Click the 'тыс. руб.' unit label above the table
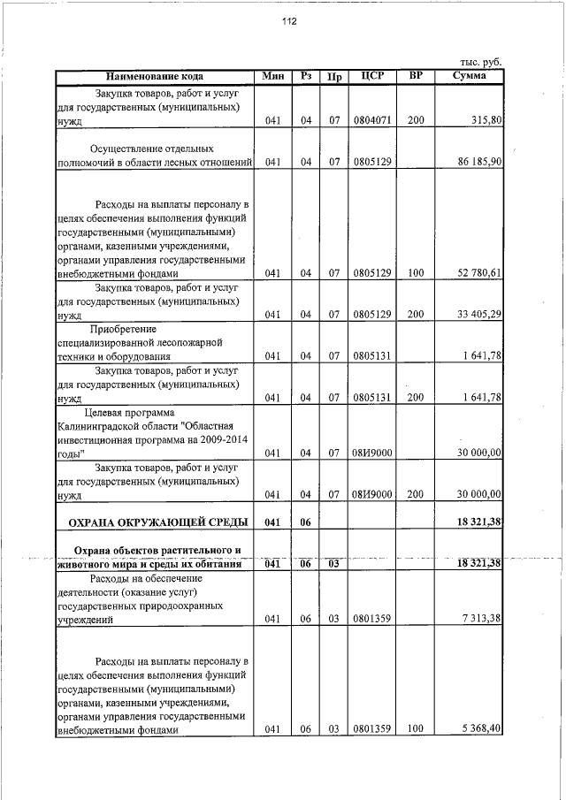pos(481,62)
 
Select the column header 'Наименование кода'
pos(156,76)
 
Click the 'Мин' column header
pos(272,76)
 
